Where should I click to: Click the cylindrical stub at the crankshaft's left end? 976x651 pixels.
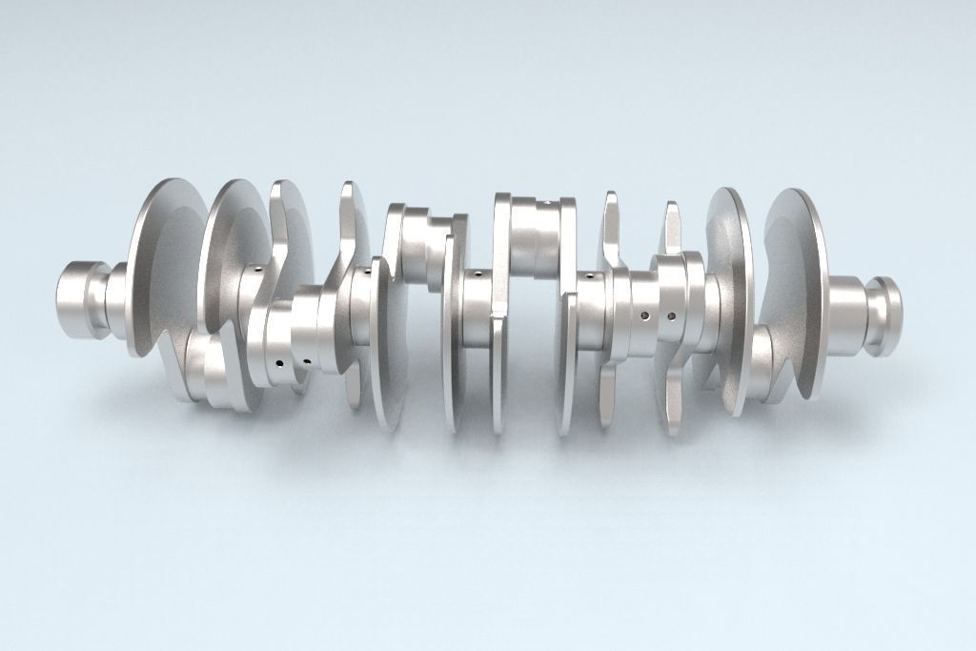click(76, 300)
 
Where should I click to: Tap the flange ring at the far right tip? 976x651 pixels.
click(885, 315)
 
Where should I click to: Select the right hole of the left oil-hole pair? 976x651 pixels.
click(307, 362)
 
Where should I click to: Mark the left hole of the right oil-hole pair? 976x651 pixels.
click(645, 315)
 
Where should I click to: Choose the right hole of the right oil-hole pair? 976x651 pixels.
click(672, 315)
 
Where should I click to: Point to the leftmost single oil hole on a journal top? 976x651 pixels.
click(258, 270)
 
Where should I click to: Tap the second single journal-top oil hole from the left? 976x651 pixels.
click(365, 271)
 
